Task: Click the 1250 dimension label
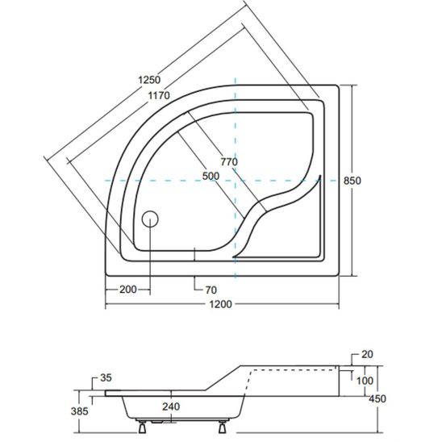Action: (x=149, y=80)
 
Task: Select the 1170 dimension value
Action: (x=159, y=96)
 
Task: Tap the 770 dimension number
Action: (x=229, y=162)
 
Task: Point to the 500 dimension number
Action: (x=211, y=176)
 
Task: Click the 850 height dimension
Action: (x=352, y=181)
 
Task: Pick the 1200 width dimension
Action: (x=220, y=304)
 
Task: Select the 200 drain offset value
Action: (x=128, y=290)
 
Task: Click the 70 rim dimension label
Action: (x=211, y=290)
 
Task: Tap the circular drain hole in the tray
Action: (x=150, y=219)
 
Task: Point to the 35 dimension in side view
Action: (x=106, y=377)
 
